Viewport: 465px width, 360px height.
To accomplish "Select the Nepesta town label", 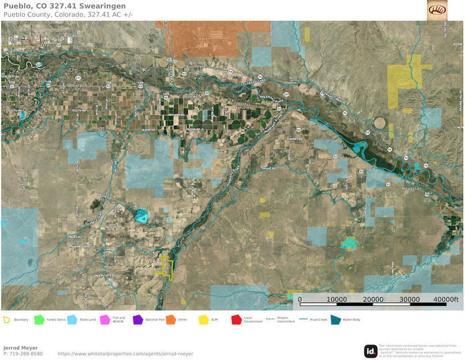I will tap(412, 188).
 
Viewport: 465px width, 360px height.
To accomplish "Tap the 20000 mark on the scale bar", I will tap(373, 300).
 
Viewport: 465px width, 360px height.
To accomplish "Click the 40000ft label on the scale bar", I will tap(445, 300).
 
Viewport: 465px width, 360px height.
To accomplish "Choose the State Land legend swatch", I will tap(72, 319).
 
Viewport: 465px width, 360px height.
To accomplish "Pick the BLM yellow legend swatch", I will tap(203, 319).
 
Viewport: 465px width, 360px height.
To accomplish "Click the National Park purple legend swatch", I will tap(138, 319).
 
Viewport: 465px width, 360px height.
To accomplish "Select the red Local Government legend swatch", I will tap(236, 319).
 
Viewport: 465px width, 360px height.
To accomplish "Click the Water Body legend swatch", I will tap(336, 319).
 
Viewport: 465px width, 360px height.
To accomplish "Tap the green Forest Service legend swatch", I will tap(39, 319).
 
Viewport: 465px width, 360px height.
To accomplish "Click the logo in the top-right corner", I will tap(437, 10).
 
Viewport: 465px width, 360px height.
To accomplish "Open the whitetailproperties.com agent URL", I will tap(125, 354).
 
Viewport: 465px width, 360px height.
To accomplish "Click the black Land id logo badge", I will tap(371, 351).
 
